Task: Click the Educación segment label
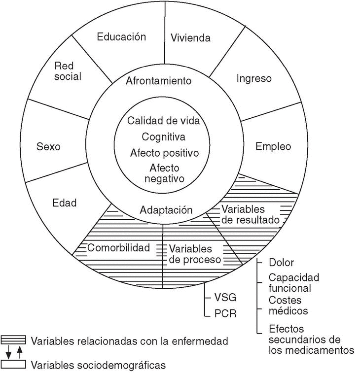pyautogui.click(x=121, y=36)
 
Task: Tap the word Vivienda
pyautogui.click(x=190, y=37)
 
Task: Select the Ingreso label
pyautogui.click(x=254, y=78)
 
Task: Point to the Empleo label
pyautogui.click(x=273, y=146)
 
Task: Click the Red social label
pyautogui.click(x=68, y=71)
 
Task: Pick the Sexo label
pyautogui.click(x=48, y=147)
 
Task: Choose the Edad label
pyautogui.click(x=65, y=203)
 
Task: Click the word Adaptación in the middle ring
pyautogui.click(x=166, y=210)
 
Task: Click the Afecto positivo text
pyautogui.click(x=164, y=153)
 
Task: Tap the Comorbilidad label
pyautogui.click(x=118, y=248)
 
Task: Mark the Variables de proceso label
pyautogui.click(x=194, y=253)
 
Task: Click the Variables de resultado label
pyautogui.click(x=251, y=213)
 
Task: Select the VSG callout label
pyautogui.click(x=225, y=298)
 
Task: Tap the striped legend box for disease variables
pyautogui.click(x=13, y=340)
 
